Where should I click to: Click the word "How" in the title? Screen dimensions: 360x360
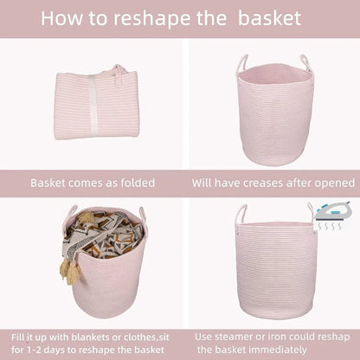click(63, 18)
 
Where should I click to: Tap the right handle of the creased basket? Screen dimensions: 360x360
click(305, 63)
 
